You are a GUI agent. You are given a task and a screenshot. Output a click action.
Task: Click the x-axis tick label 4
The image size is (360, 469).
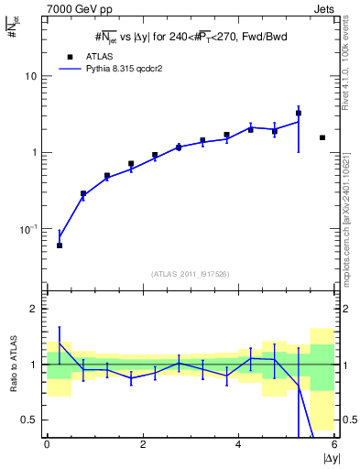click(239, 444)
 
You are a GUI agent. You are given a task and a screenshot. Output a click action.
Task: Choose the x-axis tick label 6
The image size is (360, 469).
click(334, 444)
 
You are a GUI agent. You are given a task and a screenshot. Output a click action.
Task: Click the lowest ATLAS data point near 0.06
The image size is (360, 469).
click(60, 245)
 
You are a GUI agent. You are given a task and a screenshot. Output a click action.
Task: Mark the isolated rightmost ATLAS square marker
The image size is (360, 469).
click(322, 137)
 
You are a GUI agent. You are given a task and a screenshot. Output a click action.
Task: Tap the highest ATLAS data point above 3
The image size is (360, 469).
click(299, 114)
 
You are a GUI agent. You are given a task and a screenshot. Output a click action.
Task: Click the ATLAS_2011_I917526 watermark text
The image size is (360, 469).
click(190, 274)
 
